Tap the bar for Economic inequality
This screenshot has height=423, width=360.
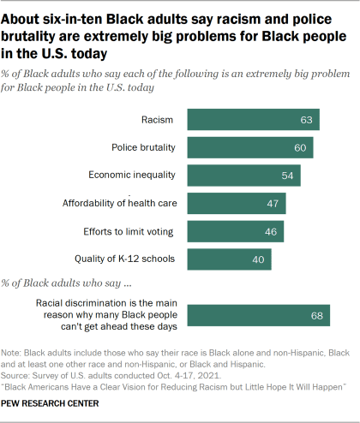(243, 176)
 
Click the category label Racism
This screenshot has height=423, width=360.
(159, 120)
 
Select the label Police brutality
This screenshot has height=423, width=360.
(143, 147)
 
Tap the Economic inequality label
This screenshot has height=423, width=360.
(132, 176)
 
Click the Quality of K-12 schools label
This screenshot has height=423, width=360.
(124, 259)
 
